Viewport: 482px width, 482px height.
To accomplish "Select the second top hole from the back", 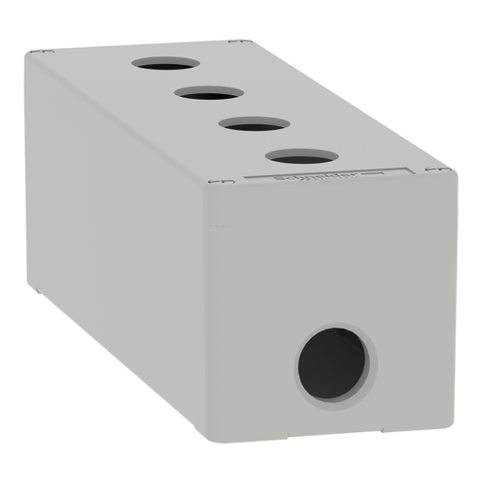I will tap(208, 93).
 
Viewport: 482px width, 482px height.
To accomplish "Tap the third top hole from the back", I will tap(253, 123).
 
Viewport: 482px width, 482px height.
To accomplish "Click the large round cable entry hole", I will tap(331, 361).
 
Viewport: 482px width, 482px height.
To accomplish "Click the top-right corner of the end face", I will tap(456, 174).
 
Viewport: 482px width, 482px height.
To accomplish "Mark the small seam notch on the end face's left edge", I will tap(217, 225).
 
